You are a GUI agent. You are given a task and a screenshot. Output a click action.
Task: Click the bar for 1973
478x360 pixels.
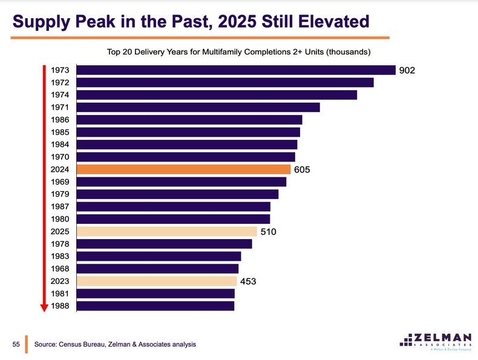pyautogui.click(x=237, y=70)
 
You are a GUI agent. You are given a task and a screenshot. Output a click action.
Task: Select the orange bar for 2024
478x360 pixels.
pyautogui.click(x=184, y=169)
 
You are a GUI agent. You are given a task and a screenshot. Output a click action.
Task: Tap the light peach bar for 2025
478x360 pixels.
pyautogui.click(x=168, y=231)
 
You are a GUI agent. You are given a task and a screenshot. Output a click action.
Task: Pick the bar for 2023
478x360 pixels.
pyautogui.click(x=157, y=281)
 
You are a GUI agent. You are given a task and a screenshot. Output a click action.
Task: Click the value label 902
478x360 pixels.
pyautogui.click(x=406, y=71)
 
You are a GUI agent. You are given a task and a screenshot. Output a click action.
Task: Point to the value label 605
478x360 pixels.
pyautogui.click(x=302, y=170)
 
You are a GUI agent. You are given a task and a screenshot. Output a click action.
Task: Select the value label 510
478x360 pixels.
pyautogui.click(x=268, y=232)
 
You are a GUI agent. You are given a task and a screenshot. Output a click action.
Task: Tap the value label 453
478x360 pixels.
pyautogui.click(x=249, y=281)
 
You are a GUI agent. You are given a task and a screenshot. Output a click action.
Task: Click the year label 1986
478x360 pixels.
pyautogui.click(x=60, y=120)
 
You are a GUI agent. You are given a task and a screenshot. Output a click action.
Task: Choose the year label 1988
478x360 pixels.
pyautogui.click(x=60, y=306)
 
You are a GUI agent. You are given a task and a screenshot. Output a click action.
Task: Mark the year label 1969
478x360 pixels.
pyautogui.click(x=60, y=182)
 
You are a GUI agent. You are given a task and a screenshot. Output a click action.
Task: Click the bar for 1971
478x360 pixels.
pyautogui.click(x=198, y=108)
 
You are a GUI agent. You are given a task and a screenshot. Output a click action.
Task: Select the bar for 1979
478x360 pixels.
pyautogui.click(x=178, y=194)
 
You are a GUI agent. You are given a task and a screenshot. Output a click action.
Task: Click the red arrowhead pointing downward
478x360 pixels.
pyautogui.click(x=44, y=307)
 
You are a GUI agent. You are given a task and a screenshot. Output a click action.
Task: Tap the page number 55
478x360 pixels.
pyautogui.click(x=17, y=344)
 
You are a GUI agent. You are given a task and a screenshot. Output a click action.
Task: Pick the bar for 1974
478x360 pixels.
pyautogui.click(x=217, y=95)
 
